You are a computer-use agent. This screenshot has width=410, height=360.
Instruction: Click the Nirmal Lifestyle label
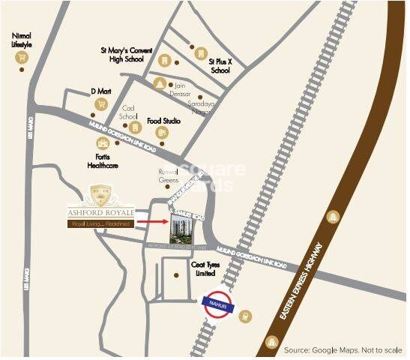[x=20, y=39]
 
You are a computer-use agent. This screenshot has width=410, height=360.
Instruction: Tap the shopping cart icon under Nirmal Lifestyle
[x=21, y=58]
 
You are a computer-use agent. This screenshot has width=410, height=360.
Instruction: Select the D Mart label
[x=100, y=91]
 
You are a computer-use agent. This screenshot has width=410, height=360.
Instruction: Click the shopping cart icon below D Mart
[x=100, y=108]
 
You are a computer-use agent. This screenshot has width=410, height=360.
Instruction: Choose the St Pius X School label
[x=220, y=65]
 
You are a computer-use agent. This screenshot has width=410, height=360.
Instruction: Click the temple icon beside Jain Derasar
[x=159, y=82]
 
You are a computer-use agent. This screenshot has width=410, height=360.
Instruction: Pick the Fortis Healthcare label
[x=103, y=160]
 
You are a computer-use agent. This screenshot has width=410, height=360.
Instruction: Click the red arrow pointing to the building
[x=154, y=222]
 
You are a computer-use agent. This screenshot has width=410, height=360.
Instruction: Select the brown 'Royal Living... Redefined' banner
[x=101, y=223]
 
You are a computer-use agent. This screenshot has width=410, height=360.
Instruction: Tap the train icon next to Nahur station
[x=246, y=316]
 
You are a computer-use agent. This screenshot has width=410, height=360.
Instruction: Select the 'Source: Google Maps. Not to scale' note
[x=343, y=350]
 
